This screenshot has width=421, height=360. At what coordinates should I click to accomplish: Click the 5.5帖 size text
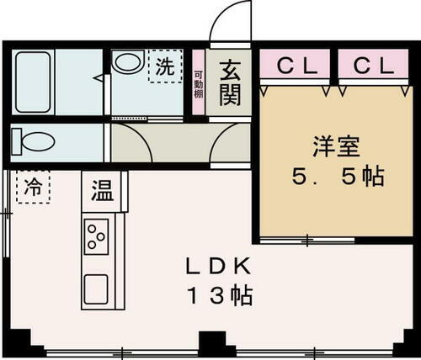pos(336,177)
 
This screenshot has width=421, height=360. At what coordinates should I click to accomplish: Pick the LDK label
pos(219,267)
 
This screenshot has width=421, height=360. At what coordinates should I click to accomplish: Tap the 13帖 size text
pos(219,296)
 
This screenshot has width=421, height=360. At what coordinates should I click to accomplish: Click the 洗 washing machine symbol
pos(164,67)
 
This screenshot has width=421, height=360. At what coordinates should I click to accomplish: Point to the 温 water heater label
pos(103,191)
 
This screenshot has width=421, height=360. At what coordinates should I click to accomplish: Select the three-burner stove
pos(96,235)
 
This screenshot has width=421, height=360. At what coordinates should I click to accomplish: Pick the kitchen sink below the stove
pos(96,289)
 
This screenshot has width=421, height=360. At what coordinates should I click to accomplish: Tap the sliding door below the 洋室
pos(306,241)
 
